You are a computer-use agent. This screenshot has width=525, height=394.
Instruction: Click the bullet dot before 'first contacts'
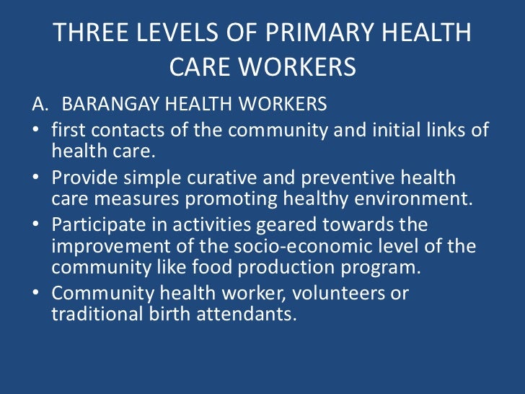pos(36,131)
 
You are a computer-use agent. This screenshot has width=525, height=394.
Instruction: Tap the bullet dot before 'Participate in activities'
pos(36,224)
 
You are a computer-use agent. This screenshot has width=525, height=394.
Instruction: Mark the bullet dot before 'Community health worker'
pos(36,294)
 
